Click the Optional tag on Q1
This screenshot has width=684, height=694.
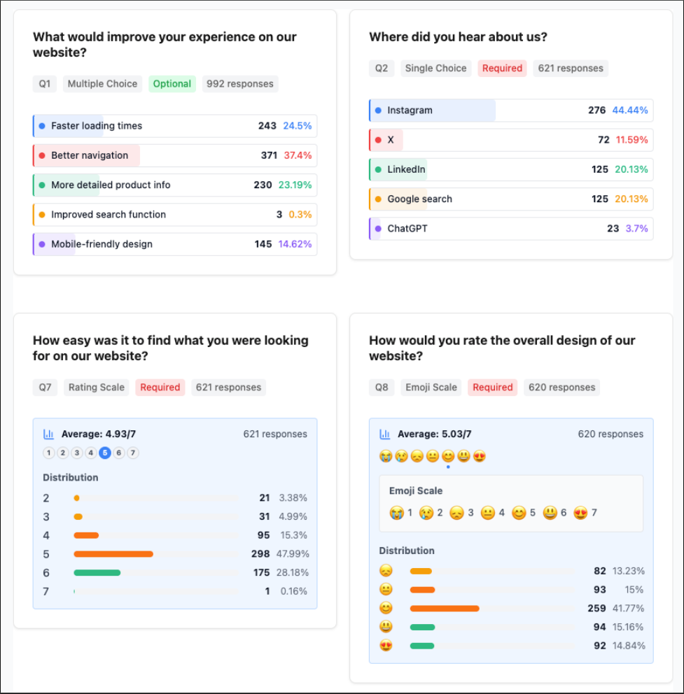172,84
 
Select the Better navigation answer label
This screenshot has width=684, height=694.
90,155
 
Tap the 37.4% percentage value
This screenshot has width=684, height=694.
298,155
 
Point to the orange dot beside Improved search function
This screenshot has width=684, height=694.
42,215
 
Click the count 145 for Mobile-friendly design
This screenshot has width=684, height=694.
263,244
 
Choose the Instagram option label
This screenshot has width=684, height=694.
410,111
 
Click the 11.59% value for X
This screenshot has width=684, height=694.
631,140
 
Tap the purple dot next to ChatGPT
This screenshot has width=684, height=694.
378,229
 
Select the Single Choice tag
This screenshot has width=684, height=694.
435,69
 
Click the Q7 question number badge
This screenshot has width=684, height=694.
45,388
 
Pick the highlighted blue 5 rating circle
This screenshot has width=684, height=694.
105,453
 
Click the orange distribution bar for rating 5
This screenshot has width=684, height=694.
113,554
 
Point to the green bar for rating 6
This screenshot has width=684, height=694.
97,572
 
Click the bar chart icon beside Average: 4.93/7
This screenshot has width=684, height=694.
49,434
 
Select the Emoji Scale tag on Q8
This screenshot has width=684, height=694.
431,388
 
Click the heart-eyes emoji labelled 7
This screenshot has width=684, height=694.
580,513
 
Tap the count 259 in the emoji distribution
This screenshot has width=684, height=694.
596,609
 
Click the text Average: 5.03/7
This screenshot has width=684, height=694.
434,434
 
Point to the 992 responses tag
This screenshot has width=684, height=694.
240,84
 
